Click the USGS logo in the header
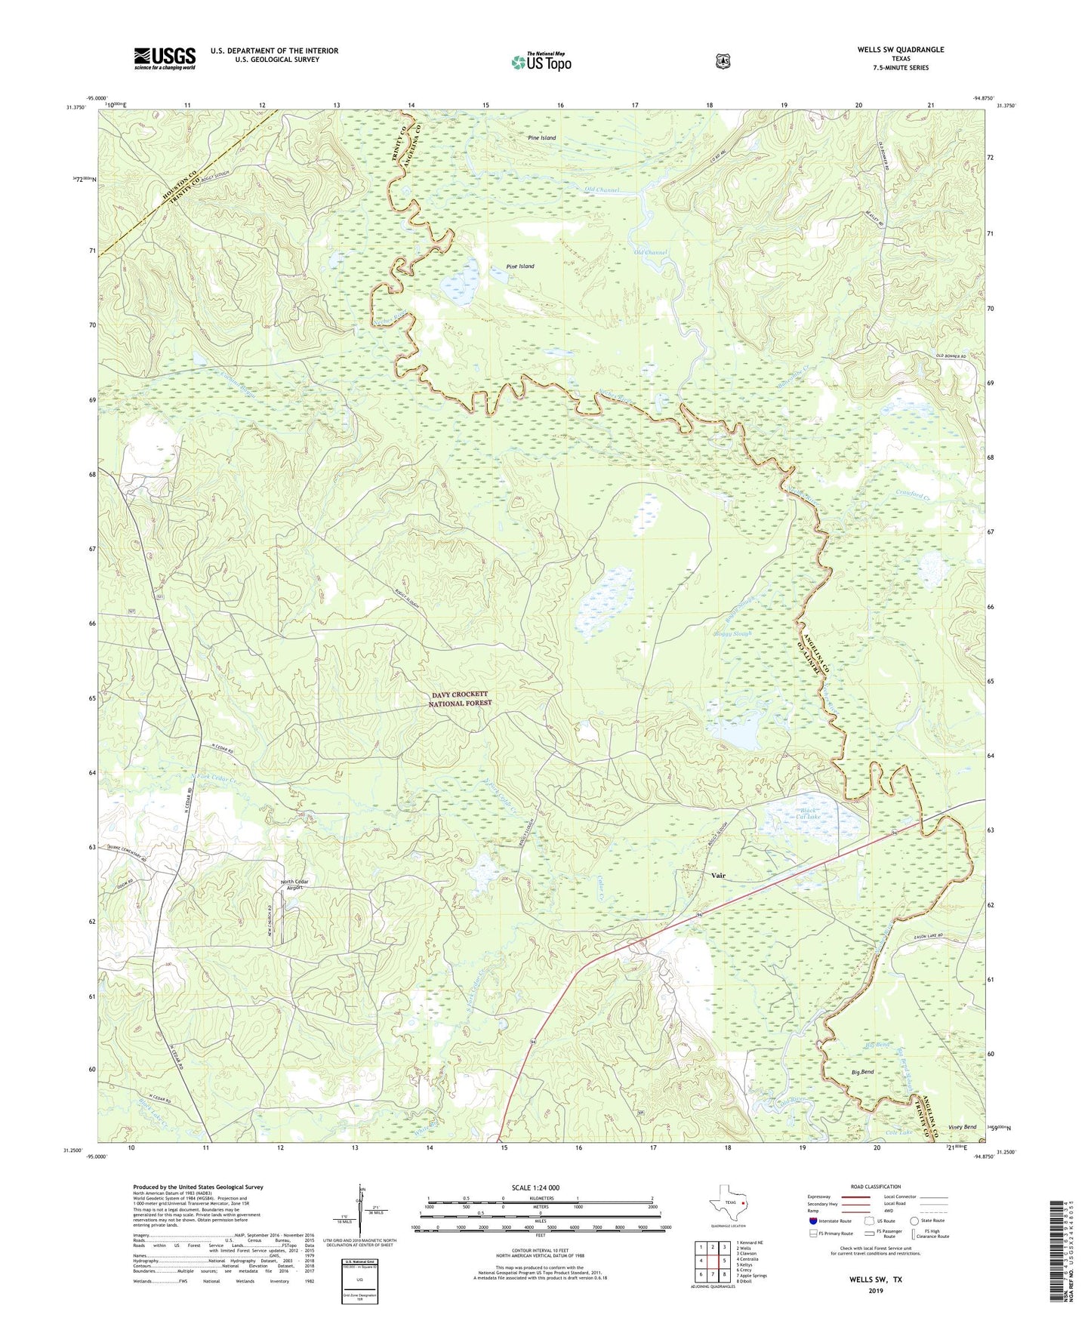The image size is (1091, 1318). click(x=165, y=58)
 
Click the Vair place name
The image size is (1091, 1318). click(x=718, y=876)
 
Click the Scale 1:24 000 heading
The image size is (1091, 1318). click(x=535, y=1187)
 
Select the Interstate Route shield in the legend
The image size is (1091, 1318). click(x=812, y=1221)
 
